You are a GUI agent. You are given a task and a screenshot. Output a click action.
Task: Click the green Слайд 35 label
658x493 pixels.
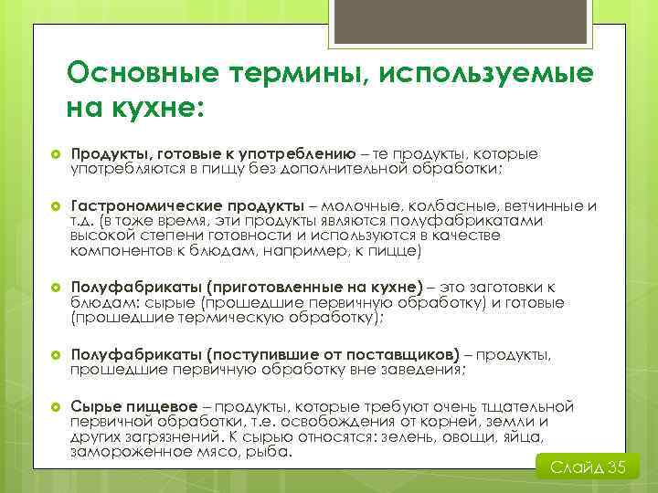[x=588, y=467]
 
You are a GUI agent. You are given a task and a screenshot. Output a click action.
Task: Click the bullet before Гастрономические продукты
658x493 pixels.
[x=53, y=206]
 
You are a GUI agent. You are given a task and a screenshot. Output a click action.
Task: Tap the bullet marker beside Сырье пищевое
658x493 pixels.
[x=53, y=406]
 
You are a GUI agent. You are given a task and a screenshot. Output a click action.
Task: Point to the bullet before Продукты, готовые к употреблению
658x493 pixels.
[x=53, y=154]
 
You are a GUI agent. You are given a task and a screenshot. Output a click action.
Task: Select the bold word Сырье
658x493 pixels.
[x=97, y=406]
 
